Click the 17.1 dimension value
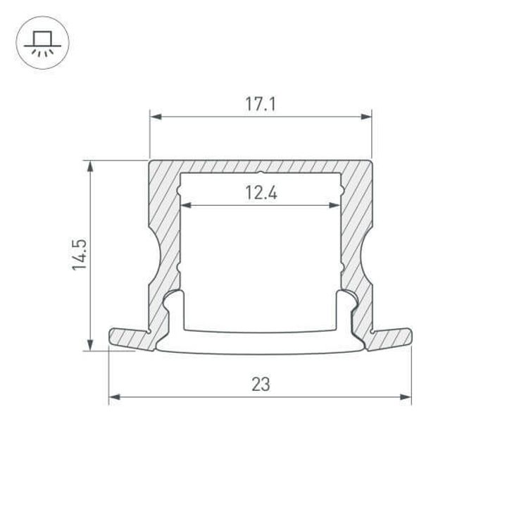(x=260, y=105)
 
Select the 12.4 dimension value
(x=260, y=193)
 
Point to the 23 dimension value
(x=260, y=384)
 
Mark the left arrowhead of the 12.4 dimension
(x=186, y=206)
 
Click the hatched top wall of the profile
(x=260, y=165)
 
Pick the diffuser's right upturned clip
(x=346, y=306)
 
